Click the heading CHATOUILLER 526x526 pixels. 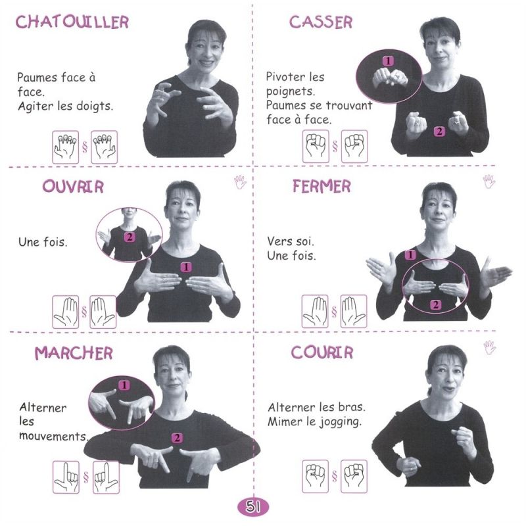coord(72,22)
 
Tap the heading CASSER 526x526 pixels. coord(321,22)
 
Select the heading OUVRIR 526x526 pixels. coord(73,187)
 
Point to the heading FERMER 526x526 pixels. coord(322,186)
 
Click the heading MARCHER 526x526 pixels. coord(74,353)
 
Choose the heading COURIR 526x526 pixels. coord(322,352)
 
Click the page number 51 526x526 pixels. coord(253,506)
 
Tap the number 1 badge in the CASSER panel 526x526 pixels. coord(388,61)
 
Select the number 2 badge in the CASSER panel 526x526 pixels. coord(439,131)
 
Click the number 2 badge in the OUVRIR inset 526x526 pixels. coord(130,237)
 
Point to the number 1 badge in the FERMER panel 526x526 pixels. coord(410,255)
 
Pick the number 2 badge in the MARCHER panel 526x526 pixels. coord(177,438)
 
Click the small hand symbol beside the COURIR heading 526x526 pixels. coord(490,347)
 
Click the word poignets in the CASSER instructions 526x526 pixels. coord(291,91)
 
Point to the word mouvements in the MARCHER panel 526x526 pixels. coord(54,436)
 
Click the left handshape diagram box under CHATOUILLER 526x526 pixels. coord(65,147)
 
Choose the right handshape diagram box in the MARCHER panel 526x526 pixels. coord(106,477)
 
